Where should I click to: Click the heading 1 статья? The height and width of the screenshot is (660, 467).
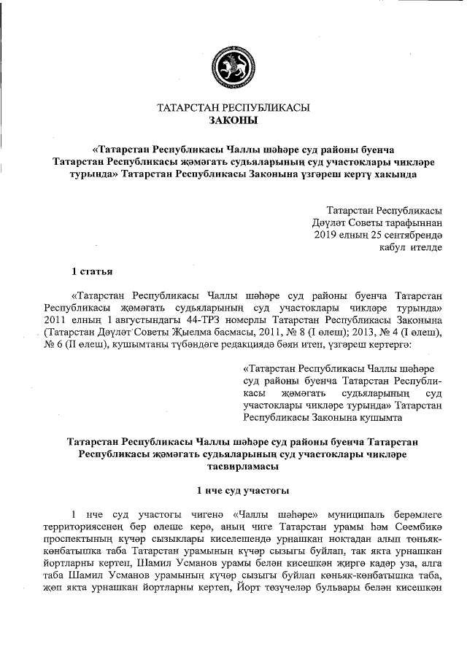pos(91,273)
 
